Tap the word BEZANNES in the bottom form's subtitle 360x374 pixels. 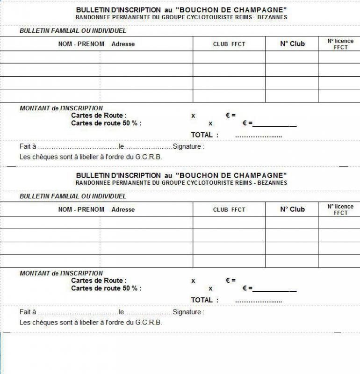coord(272,183)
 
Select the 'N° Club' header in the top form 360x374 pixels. coord(292,44)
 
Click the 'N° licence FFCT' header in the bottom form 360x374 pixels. coord(340,209)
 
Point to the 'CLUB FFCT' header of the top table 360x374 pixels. coord(229,44)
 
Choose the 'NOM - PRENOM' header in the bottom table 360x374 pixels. coord(81,209)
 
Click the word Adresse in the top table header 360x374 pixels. coord(123,44)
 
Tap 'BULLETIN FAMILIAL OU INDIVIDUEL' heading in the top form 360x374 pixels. coord(73,31)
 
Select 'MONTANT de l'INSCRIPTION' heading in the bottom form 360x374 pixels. coord(61,273)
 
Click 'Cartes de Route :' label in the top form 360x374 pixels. coord(99,115)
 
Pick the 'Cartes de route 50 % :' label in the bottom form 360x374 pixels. coord(106,288)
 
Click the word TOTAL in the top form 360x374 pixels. coord(202,135)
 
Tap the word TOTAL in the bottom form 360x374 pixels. coord(202,300)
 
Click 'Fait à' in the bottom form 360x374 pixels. coord(28,312)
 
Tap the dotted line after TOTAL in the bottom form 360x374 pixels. coord(259,302)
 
